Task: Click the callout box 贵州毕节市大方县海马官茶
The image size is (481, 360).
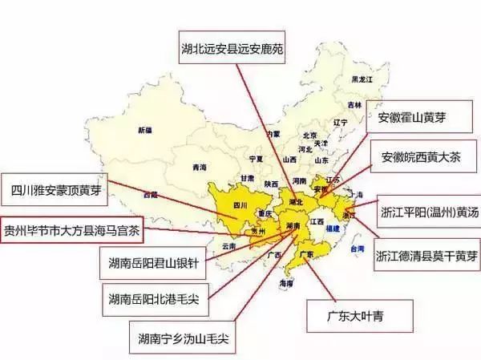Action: (x=71, y=228)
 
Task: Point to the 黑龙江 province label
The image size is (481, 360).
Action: (x=363, y=79)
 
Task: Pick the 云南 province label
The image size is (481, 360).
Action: (x=229, y=246)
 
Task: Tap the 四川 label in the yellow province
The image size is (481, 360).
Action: (x=240, y=204)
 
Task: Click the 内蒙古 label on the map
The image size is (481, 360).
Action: (x=274, y=134)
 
